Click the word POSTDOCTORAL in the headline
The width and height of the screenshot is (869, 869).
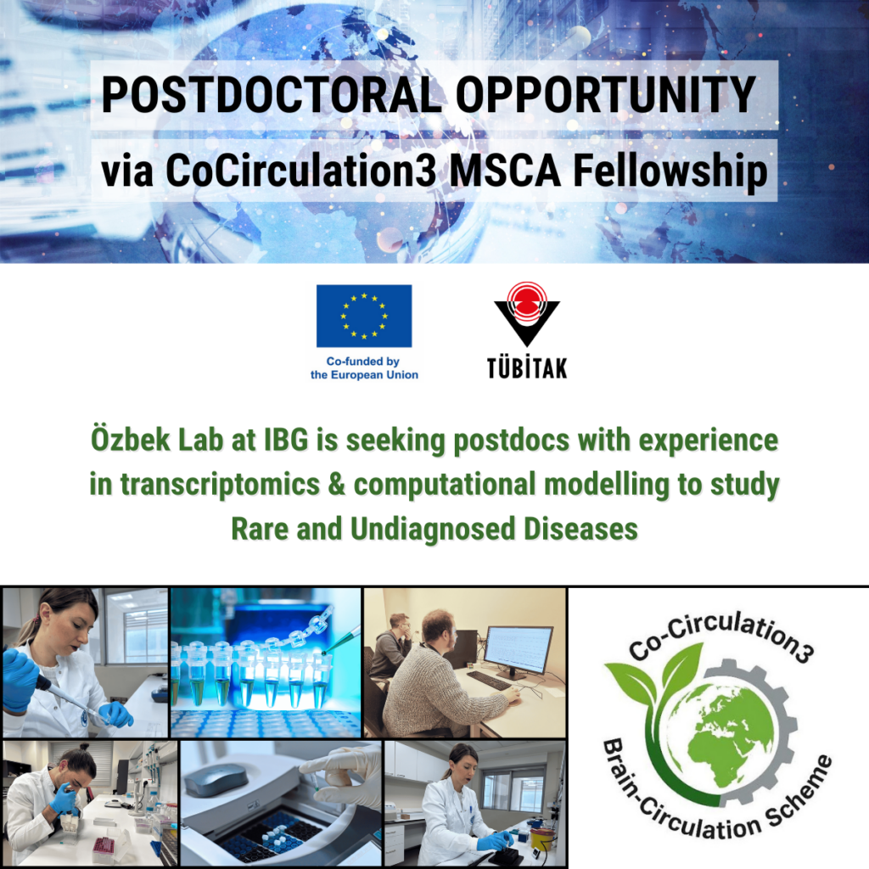click(x=272, y=95)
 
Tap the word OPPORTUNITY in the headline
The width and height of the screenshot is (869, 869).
click(x=606, y=95)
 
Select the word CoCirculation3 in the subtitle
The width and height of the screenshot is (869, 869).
click(x=301, y=170)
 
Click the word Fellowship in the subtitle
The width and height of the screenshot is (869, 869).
click(x=670, y=171)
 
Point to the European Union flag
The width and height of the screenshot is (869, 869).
click(x=364, y=316)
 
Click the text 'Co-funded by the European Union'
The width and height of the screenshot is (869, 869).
click(x=364, y=368)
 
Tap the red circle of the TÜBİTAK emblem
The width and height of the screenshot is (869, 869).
click(x=526, y=301)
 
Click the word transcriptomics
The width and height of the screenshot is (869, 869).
click(x=220, y=485)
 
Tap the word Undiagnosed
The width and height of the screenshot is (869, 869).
click(x=433, y=530)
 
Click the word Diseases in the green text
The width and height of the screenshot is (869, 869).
click(x=580, y=529)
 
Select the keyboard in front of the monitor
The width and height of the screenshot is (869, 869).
click(x=488, y=681)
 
